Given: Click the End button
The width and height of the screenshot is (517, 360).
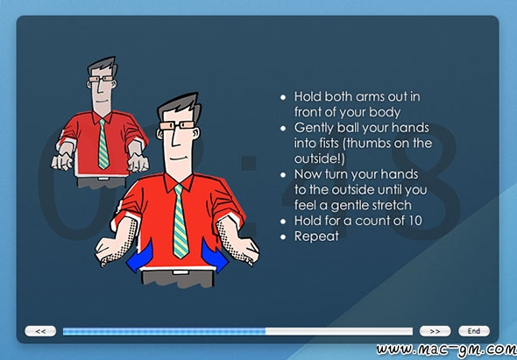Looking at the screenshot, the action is tap(474, 331).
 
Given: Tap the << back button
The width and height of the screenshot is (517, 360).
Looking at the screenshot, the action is tap(40, 331).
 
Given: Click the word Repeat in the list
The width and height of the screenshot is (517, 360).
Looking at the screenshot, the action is tap(316, 236).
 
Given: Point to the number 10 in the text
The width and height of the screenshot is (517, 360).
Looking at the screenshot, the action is tap(415, 221).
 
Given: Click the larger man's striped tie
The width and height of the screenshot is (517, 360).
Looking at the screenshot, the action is tap(181, 222).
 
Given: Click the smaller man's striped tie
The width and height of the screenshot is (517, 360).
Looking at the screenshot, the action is tap(103, 144).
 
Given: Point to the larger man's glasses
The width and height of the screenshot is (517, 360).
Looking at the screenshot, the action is tap(177, 125).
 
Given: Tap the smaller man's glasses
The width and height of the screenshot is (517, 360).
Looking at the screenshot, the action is tap(101, 79).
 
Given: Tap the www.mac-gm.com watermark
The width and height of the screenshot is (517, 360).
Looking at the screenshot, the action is tap(446, 349).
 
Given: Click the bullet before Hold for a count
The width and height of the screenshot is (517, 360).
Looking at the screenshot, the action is tap(283, 222).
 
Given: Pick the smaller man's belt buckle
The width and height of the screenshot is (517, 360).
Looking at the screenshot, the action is tap(103, 179).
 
